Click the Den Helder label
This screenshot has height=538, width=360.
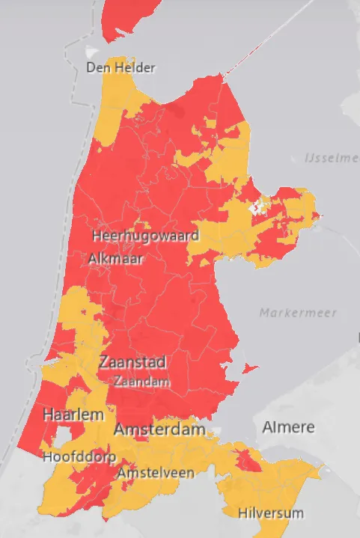point(120,68)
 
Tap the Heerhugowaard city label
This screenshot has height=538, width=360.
point(145,236)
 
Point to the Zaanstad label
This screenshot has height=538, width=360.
point(132,363)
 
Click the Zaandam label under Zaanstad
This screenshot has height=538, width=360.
point(140,381)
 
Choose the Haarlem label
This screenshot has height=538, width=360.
point(73,415)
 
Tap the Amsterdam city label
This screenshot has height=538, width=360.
point(159,430)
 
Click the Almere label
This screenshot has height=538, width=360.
point(288,427)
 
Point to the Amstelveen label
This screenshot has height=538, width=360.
point(156,473)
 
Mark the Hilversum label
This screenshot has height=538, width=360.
point(271,513)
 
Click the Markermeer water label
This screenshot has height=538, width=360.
point(299,313)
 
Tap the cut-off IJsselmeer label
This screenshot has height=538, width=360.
point(332,158)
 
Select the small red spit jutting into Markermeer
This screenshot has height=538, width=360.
point(251,367)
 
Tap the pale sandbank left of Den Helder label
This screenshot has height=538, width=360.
point(91,53)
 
